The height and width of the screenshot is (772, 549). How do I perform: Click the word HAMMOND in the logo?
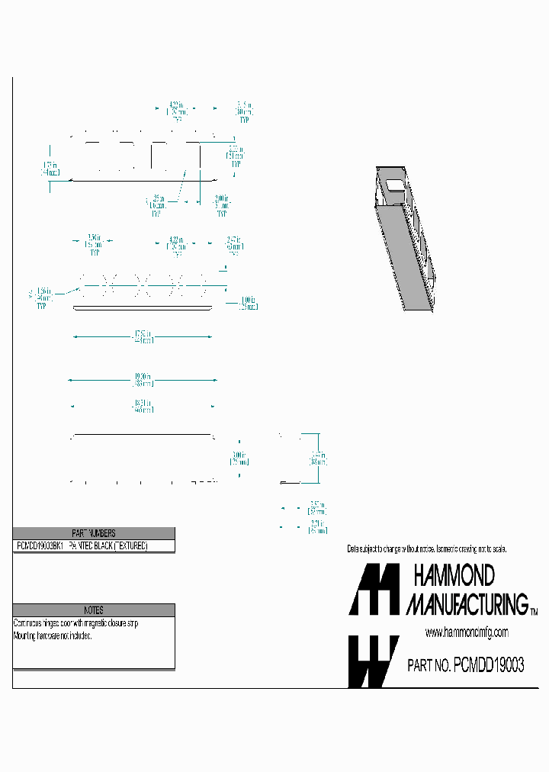tap(454, 575)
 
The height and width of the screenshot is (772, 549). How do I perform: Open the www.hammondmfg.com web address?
tap(466, 632)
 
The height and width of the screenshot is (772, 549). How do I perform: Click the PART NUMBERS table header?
tap(93, 533)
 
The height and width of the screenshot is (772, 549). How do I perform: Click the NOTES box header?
tap(93, 610)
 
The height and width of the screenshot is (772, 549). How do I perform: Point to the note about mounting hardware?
tap(53, 635)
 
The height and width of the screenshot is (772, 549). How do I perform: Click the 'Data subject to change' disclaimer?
tap(426, 549)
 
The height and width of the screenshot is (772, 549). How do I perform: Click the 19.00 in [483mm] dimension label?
tap(143, 379)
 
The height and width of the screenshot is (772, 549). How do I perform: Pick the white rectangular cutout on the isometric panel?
tap(393, 183)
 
